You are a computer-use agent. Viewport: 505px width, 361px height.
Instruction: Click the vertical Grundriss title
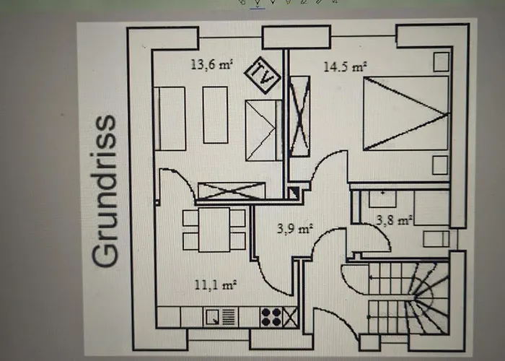106,191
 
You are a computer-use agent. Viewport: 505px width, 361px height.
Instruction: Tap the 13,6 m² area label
211,64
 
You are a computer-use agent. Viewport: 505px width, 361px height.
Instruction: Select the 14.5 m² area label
345,66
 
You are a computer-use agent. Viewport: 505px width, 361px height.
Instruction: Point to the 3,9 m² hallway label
295,229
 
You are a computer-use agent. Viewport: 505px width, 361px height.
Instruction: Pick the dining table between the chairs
214,230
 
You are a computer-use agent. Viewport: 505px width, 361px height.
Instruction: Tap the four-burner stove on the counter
271,316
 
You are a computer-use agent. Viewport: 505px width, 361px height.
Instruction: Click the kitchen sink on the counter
214,316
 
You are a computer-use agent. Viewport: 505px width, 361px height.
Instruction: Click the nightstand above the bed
439,63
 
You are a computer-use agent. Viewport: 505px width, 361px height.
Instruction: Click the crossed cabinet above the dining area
231,191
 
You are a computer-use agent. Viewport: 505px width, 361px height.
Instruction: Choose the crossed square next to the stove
291,316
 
